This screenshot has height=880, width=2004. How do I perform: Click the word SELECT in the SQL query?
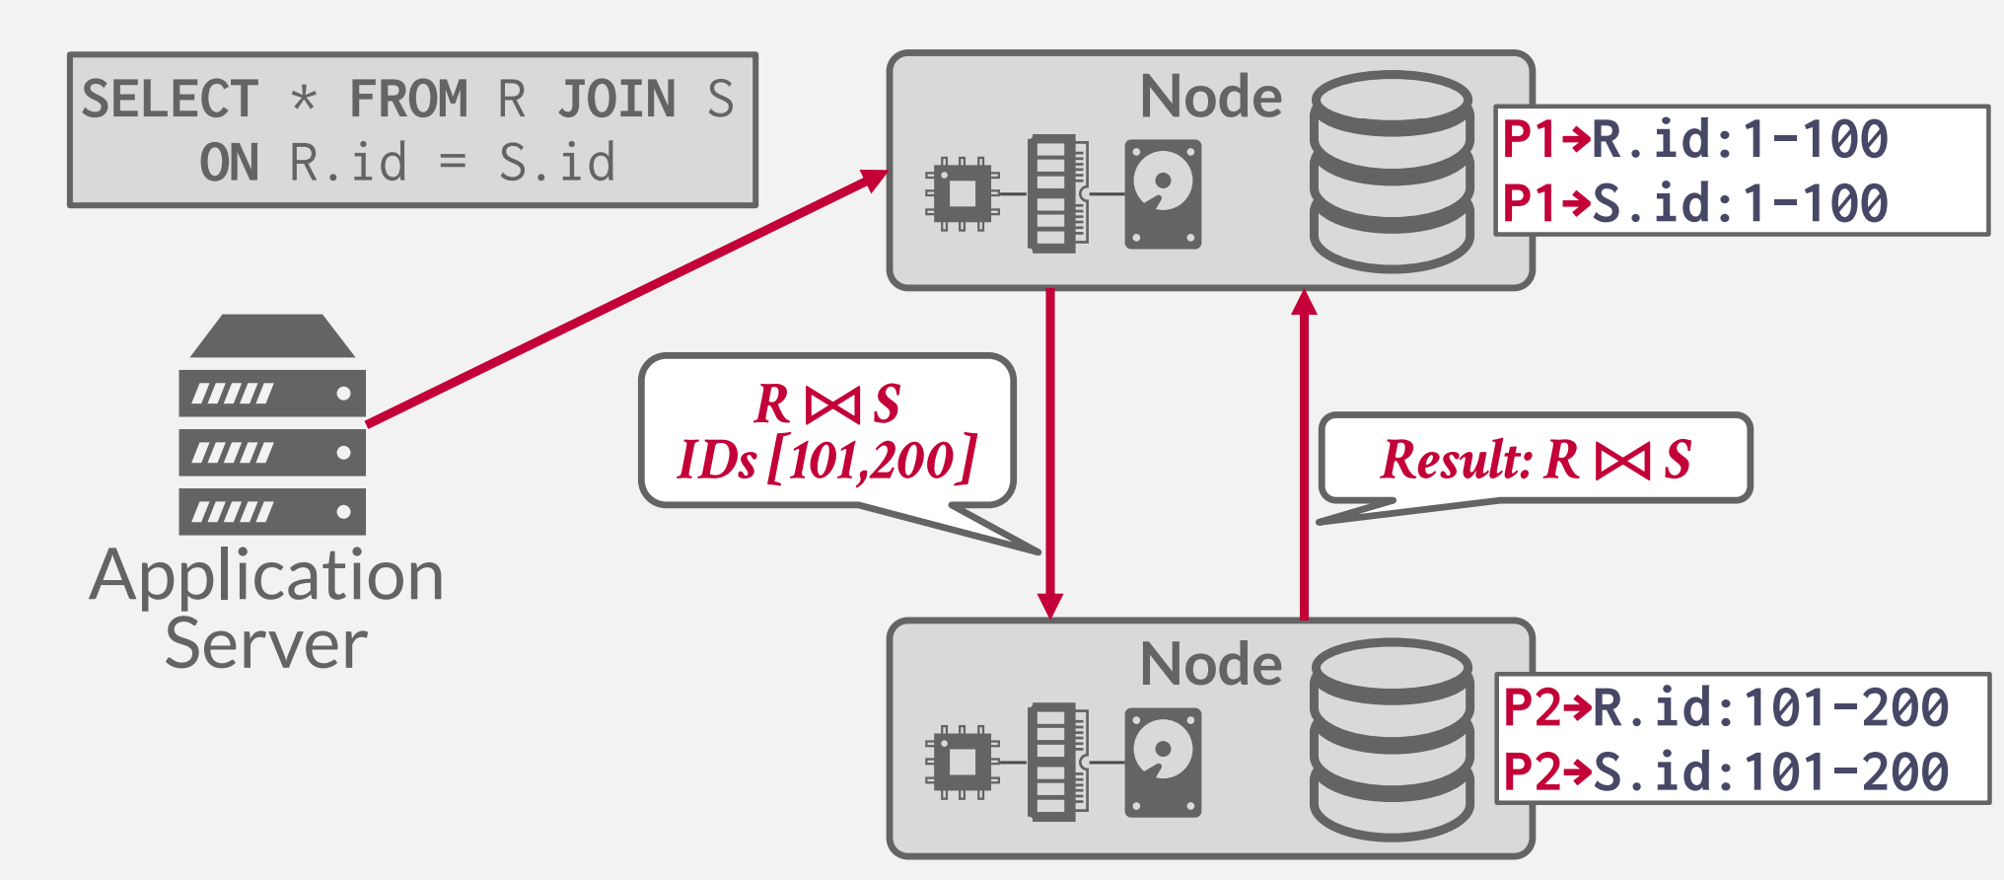pyautogui.click(x=170, y=99)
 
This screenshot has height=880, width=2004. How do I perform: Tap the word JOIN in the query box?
pyautogui.click(x=617, y=99)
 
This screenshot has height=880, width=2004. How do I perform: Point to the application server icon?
pyautogui.click(x=271, y=425)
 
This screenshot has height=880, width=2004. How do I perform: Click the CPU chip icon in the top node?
pyautogui.click(x=962, y=193)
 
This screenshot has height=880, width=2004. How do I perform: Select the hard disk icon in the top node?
pyautogui.click(x=1163, y=193)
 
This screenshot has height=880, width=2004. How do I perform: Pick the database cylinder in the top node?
pyautogui.click(x=1392, y=172)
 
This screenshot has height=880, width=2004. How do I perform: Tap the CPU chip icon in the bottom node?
pyautogui.click(x=962, y=762)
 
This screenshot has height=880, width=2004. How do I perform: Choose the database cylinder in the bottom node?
pyautogui.click(x=1392, y=740)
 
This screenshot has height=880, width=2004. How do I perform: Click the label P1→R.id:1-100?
pyautogui.click(x=1694, y=139)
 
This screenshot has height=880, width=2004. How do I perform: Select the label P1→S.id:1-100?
pyautogui.click(x=1694, y=203)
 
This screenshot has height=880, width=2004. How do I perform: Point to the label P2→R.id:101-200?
pyautogui.click(x=1725, y=707)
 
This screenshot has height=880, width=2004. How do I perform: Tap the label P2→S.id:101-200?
pyautogui.click(x=1725, y=771)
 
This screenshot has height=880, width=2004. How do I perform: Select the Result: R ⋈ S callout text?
pyautogui.click(x=1536, y=460)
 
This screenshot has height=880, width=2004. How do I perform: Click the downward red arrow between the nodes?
pyautogui.click(x=1050, y=454)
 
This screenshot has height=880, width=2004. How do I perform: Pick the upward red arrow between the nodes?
pyautogui.click(x=1304, y=454)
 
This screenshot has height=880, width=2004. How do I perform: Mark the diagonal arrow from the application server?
pyautogui.click(x=627, y=298)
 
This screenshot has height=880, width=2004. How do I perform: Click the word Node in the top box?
pyautogui.click(x=1211, y=97)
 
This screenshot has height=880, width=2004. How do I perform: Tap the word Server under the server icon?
pyautogui.click(x=266, y=645)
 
